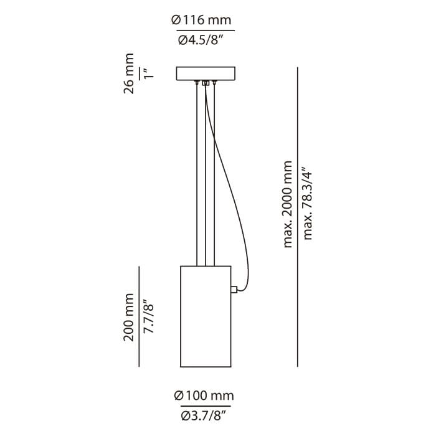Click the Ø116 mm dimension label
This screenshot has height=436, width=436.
[201, 21]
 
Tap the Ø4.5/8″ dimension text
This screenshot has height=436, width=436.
[201, 40]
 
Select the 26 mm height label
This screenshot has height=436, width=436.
[129, 73]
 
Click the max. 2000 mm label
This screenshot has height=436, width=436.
[288, 204]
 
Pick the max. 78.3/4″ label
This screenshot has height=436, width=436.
[308, 203]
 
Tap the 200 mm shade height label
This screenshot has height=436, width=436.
[129, 317]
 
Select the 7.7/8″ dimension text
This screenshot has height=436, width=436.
[149, 316]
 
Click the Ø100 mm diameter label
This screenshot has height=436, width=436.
[204, 396]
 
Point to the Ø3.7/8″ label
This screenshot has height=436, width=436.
[202, 416]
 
